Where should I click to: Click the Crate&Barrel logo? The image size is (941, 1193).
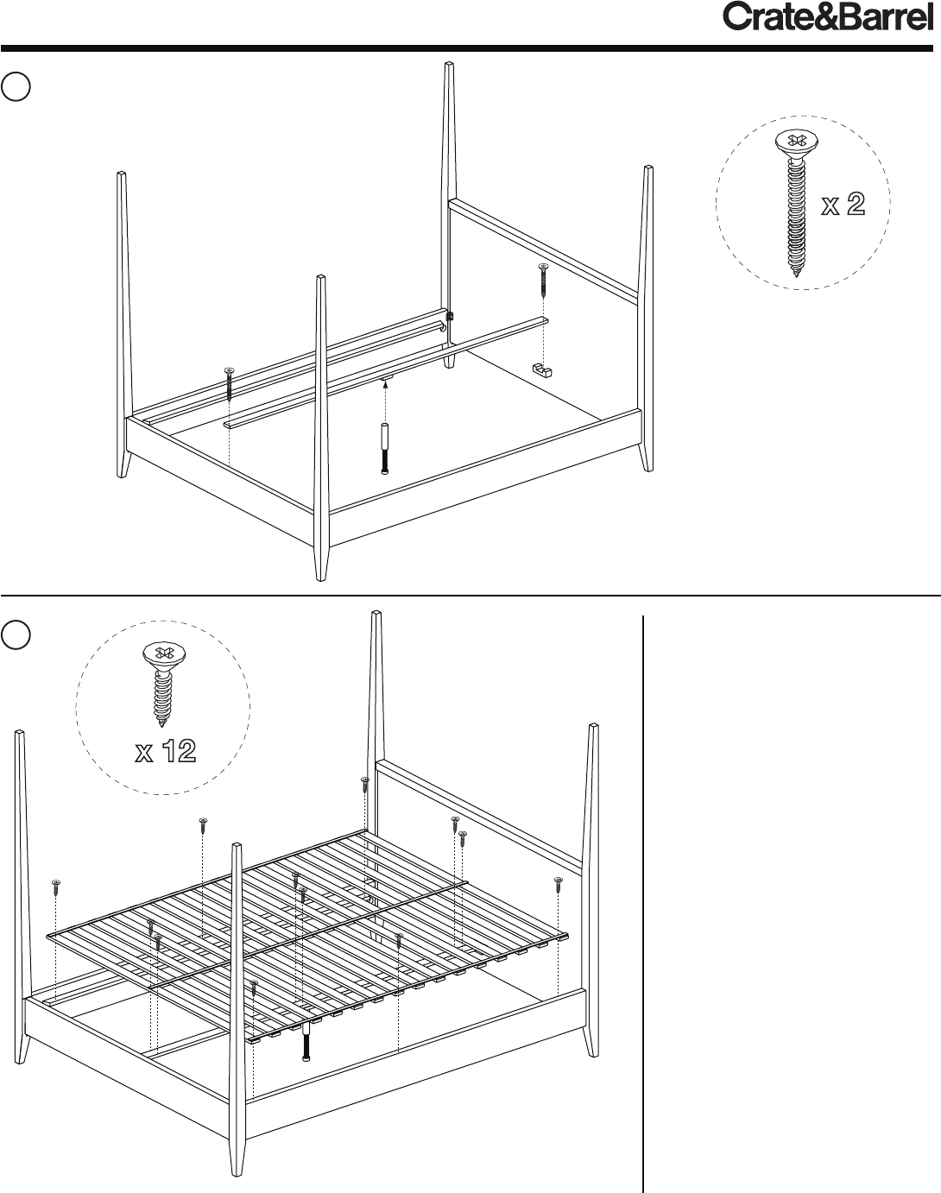[828, 17]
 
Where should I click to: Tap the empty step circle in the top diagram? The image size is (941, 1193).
[16, 86]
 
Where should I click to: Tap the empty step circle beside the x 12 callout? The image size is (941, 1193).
[16, 634]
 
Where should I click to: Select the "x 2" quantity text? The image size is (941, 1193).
[843, 205]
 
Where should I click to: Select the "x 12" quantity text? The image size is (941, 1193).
[166, 751]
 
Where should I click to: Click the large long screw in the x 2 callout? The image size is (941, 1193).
[796, 203]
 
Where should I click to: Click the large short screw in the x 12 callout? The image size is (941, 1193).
[163, 684]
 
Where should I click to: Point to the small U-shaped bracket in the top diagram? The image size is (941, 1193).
[542, 369]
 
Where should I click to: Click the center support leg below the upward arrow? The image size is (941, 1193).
[385, 449]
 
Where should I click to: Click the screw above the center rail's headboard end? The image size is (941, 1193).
[543, 281]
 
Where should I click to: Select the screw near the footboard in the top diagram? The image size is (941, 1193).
[229, 384]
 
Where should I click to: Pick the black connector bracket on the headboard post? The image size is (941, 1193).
[451, 317]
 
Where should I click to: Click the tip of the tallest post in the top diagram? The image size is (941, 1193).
[449, 63]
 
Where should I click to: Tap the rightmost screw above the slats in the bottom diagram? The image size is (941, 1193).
[559, 884]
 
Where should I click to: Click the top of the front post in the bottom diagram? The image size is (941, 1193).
[237, 846]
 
